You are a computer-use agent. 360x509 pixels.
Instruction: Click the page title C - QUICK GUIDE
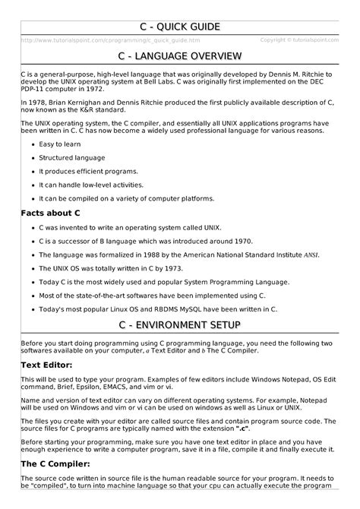pos(180,27)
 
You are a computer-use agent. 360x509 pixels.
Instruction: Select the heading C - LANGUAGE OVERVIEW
pos(180,57)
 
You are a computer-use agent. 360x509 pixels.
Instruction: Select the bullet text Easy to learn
pos(62,147)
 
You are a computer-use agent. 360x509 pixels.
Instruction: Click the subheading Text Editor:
pos(51,365)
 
